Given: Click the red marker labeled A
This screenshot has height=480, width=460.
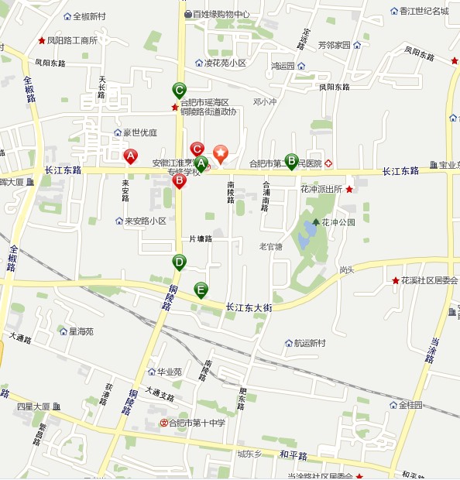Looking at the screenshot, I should click(x=131, y=156).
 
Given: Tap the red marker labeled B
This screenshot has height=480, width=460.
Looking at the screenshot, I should click(x=179, y=180).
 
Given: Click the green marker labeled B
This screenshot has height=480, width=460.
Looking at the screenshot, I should click(x=291, y=160).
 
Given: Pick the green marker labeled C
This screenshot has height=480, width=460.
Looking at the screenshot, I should click(x=179, y=89).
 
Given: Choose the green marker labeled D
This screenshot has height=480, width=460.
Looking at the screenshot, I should click(x=179, y=262).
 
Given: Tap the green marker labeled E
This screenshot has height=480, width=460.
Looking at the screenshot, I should click(x=201, y=290).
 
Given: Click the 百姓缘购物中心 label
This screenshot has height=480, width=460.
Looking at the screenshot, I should click(x=221, y=14).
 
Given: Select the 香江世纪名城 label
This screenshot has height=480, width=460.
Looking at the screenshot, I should click(x=424, y=11).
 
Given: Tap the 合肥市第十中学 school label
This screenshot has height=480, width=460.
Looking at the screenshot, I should click(x=197, y=423).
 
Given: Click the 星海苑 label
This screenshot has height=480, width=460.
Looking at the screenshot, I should click(x=81, y=331).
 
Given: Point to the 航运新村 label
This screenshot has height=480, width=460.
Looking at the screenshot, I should click(x=310, y=343).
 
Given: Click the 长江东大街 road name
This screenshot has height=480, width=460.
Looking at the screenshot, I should click(x=249, y=307).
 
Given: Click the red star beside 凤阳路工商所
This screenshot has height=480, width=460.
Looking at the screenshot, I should click(x=41, y=40).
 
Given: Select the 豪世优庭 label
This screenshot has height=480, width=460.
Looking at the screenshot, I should click(x=139, y=132).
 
